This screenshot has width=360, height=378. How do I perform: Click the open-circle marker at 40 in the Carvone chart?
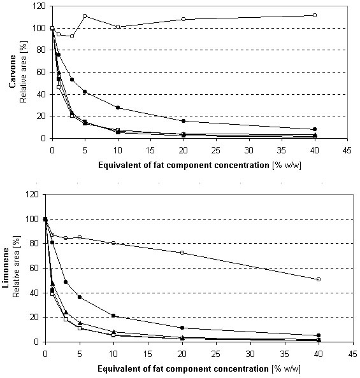[315, 15]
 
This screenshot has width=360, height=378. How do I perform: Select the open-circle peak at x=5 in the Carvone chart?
[85, 16]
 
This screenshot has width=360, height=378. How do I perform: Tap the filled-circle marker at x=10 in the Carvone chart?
[118, 108]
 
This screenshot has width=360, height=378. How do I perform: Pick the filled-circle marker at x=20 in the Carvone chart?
[184, 121]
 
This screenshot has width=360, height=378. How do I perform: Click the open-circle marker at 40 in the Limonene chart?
[319, 279]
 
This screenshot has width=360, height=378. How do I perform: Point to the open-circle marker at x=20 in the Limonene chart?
[182, 253]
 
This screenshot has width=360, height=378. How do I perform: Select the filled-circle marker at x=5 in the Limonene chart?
[80, 297]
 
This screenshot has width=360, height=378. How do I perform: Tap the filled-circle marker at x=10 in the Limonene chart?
[113, 316]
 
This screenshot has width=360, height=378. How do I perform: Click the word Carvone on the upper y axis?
[12, 72]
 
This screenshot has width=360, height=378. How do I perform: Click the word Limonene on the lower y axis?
[5, 268]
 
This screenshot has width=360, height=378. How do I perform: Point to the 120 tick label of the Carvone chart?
[39, 6]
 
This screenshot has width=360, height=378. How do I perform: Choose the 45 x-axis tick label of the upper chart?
[347, 150]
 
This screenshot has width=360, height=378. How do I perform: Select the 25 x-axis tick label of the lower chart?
[215, 354]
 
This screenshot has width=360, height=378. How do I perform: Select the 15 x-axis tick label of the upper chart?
[150, 150]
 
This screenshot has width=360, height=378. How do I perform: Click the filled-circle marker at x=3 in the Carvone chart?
[72, 80]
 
